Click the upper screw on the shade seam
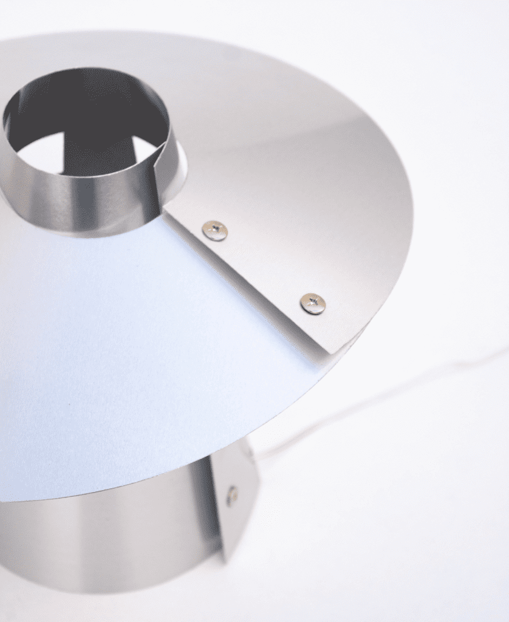[215, 230]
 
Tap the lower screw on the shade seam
[313, 303]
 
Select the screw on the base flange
[231, 495]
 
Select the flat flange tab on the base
[237, 504]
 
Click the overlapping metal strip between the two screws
[264, 267]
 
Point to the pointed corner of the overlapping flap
[330, 352]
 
